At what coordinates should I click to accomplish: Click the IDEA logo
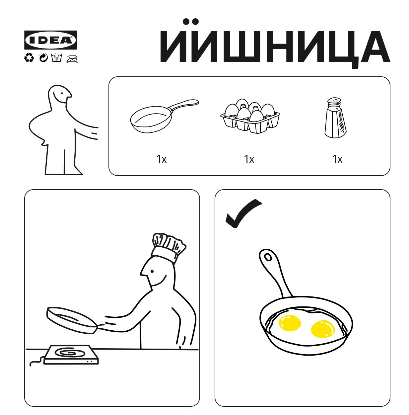click(x=50, y=40)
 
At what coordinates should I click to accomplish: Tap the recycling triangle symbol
click(x=29, y=58)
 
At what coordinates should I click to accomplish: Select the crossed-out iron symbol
click(x=72, y=58)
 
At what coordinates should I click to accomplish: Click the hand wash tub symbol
click(x=57, y=58)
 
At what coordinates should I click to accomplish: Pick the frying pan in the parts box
click(x=164, y=116)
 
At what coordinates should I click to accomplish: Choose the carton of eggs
click(x=250, y=116)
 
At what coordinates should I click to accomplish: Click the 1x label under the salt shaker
click(x=337, y=159)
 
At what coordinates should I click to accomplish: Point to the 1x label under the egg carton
click(x=249, y=159)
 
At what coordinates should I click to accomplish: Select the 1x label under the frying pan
click(x=162, y=159)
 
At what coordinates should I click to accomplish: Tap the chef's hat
click(x=169, y=247)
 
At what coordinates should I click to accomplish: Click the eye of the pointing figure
click(x=62, y=94)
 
